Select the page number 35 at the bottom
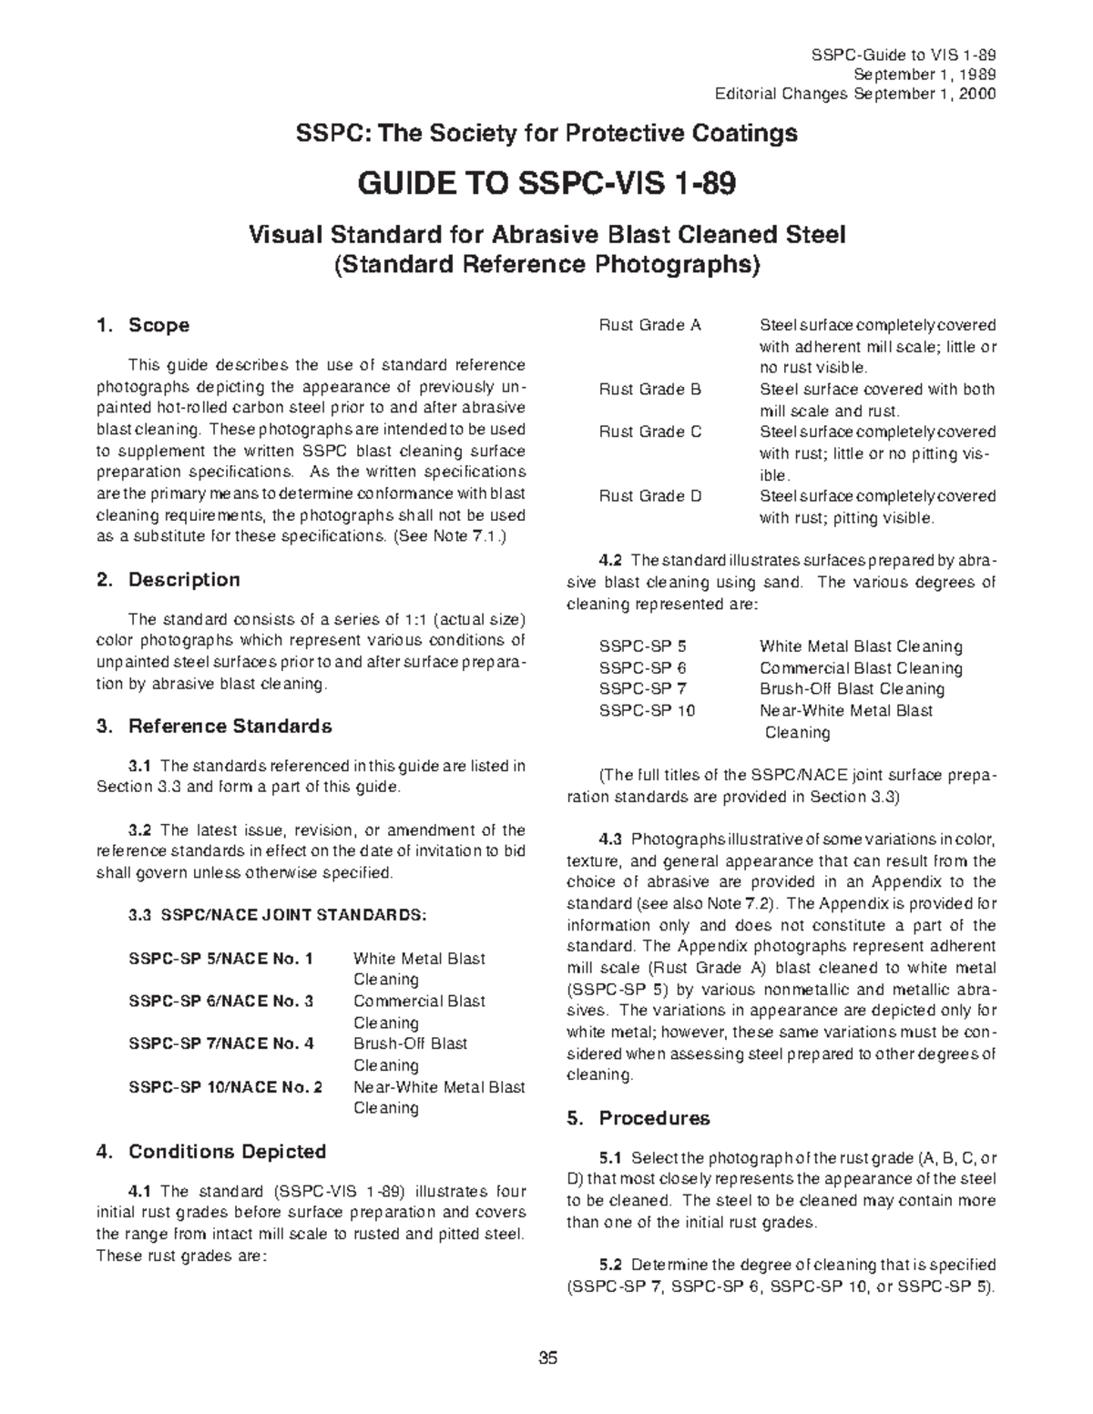(546, 1359)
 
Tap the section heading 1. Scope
(142, 325)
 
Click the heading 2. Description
(168, 580)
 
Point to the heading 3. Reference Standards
(213, 727)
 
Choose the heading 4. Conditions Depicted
(210, 1152)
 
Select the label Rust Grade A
(649, 325)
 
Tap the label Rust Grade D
(649, 496)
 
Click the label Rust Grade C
(649, 432)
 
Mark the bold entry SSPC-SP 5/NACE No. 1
(221, 959)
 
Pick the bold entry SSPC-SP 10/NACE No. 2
(226, 1087)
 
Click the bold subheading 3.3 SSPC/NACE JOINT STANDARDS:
(277, 915)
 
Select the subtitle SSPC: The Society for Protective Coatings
(546, 134)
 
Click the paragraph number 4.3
(610, 839)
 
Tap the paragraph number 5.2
(610, 1265)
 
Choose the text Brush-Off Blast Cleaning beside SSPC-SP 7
(852, 689)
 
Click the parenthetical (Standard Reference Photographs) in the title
(546, 265)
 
